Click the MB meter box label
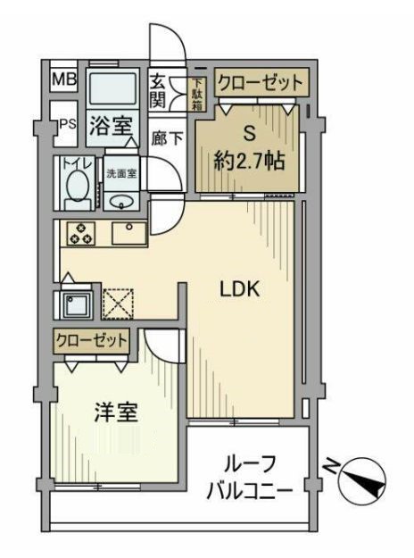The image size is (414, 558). pos(64,79)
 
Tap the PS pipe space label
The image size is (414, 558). pos(68,124)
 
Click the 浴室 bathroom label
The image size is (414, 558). pos(111,126)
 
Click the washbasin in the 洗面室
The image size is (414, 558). pos(121,203)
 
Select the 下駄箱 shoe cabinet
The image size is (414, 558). pos(196,94)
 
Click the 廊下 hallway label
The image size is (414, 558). pos(167,138)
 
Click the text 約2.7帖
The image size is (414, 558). pos(249,162)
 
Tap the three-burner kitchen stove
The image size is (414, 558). pos(80,233)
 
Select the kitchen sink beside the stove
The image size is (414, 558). pos(129,233)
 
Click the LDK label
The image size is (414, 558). pos(240,289)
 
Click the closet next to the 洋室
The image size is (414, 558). pos(92,341)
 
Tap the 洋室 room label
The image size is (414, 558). pos(116,412)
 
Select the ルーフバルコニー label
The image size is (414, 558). pos(250,478)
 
